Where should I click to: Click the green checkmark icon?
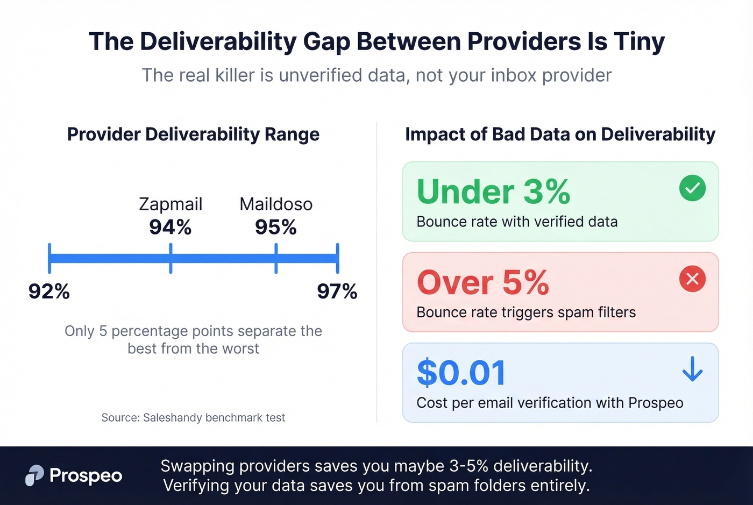[x=692, y=188]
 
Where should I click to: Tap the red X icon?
[x=692, y=279]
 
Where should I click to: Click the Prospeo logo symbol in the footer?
[x=34, y=475]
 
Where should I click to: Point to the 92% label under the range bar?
[x=49, y=291]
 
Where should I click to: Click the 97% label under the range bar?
[x=337, y=291]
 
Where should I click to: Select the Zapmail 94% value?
[x=171, y=227]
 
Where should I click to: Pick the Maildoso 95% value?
[x=276, y=227]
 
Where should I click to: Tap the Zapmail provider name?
[x=171, y=204]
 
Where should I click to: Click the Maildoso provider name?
[x=276, y=204]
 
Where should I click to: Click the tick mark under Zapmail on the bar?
[x=171, y=259]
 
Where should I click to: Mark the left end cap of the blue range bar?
[x=49, y=259]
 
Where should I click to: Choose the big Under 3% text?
[x=493, y=191]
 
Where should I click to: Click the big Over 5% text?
[x=483, y=282]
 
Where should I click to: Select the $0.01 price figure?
[x=461, y=373]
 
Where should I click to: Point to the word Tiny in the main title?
[x=640, y=41]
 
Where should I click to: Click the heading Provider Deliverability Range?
[x=193, y=134]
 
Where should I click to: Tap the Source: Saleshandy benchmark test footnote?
[x=193, y=417]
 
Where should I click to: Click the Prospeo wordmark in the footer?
[x=86, y=475]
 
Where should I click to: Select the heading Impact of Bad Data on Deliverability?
[x=560, y=134]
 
